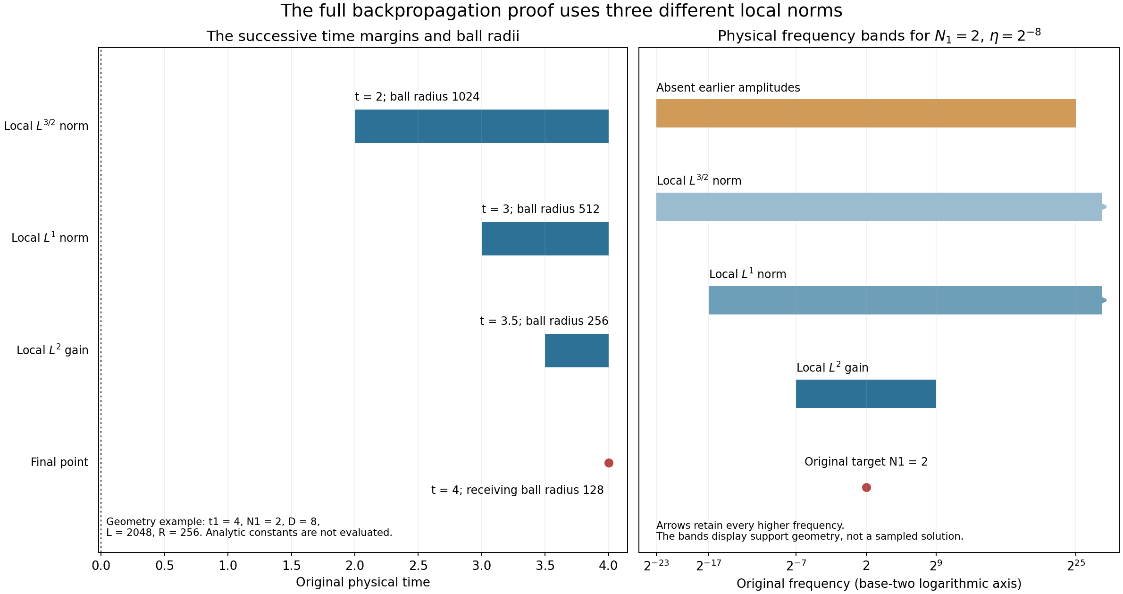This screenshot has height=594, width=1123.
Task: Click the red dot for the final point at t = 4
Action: (609, 463)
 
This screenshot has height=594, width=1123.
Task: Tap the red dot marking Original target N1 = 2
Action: (866, 487)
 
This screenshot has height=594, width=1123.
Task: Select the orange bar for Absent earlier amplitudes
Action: (866, 113)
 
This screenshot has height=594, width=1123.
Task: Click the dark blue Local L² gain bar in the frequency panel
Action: (866, 394)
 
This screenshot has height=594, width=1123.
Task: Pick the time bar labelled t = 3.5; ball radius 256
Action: (577, 350)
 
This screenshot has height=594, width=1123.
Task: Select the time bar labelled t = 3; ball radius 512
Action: (545, 238)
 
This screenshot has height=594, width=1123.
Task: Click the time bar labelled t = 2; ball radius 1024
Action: (482, 126)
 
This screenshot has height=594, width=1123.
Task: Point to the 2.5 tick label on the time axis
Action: (418, 566)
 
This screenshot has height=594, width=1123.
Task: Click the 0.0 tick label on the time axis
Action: (101, 566)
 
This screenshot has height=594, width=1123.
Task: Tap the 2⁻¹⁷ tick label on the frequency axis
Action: (709, 565)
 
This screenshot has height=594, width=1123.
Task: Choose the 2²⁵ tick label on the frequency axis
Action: (1076, 565)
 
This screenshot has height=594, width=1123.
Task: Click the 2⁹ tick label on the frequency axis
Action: (936, 565)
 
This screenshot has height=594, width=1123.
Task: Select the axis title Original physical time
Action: (363, 583)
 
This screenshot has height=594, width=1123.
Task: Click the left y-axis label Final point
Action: (59, 462)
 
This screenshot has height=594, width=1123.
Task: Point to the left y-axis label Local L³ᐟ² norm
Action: (46, 126)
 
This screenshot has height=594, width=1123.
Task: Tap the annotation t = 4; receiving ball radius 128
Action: (517, 490)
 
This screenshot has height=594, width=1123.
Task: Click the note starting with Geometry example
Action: (249, 527)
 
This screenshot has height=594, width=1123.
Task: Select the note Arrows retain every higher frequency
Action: (750, 526)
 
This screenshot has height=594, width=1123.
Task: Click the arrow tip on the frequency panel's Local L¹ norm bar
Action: (1106, 300)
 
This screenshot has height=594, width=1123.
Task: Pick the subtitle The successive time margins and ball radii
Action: (363, 36)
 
